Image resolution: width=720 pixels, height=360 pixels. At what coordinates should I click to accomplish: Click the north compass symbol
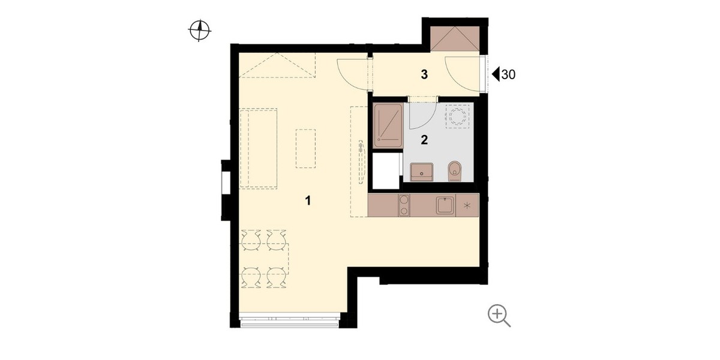point(200,31)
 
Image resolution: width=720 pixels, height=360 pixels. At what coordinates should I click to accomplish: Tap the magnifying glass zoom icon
point(499,316)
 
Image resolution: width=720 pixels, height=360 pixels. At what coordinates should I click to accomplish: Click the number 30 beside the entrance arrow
point(509,74)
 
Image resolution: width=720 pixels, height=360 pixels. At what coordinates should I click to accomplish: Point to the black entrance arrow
point(496,74)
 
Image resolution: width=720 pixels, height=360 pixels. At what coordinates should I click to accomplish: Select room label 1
point(308,200)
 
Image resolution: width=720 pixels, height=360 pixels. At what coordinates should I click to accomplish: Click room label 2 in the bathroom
point(424,140)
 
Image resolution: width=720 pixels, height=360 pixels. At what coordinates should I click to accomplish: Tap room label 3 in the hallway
point(424,74)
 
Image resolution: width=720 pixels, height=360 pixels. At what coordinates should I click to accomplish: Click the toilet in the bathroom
point(455,171)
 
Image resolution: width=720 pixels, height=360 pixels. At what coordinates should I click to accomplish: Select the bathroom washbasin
point(422,172)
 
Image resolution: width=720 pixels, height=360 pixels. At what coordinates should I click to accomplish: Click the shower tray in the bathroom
point(388,125)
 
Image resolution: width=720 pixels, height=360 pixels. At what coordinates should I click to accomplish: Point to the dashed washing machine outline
point(457,116)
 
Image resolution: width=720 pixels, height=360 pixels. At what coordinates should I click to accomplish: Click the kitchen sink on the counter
point(445,205)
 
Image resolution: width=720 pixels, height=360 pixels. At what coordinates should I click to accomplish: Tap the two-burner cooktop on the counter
point(404,205)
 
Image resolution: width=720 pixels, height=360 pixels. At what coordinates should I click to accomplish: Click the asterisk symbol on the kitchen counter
point(467,205)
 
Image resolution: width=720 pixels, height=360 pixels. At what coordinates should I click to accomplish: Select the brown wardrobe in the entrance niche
point(455,38)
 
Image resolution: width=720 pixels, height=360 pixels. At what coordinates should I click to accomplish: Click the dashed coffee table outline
point(305,148)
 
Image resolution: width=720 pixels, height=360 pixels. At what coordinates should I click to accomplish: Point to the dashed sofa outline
point(259,148)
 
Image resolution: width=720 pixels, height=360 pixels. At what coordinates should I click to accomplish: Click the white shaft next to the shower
point(386,171)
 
